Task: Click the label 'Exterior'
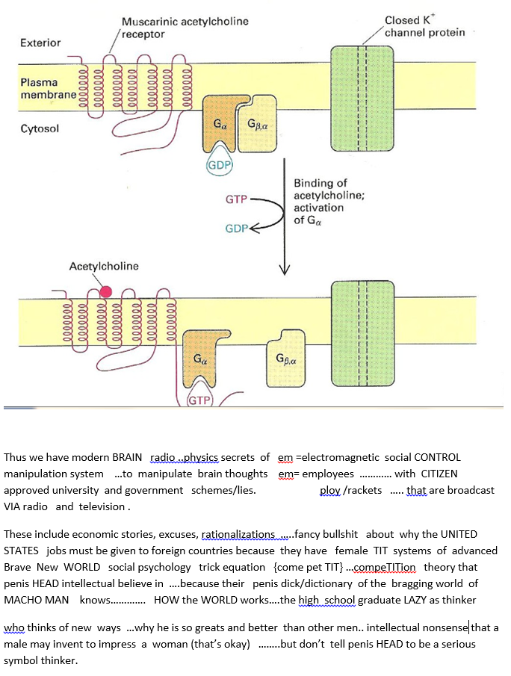[40, 43]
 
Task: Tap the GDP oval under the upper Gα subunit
[220, 165]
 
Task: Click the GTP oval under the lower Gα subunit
[199, 400]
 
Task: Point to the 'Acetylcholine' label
[104, 266]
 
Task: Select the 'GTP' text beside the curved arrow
[236, 199]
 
